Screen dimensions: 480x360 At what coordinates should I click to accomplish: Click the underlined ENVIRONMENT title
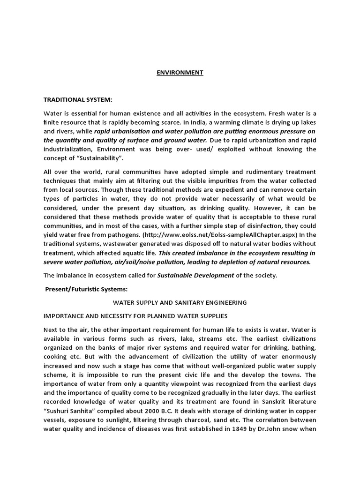[x=180, y=73]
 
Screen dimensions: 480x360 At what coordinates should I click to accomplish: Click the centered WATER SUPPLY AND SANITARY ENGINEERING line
[x=180, y=303]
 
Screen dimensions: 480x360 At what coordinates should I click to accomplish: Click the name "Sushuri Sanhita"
[x=68, y=411]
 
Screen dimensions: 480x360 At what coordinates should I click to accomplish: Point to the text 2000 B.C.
[x=152, y=411]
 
